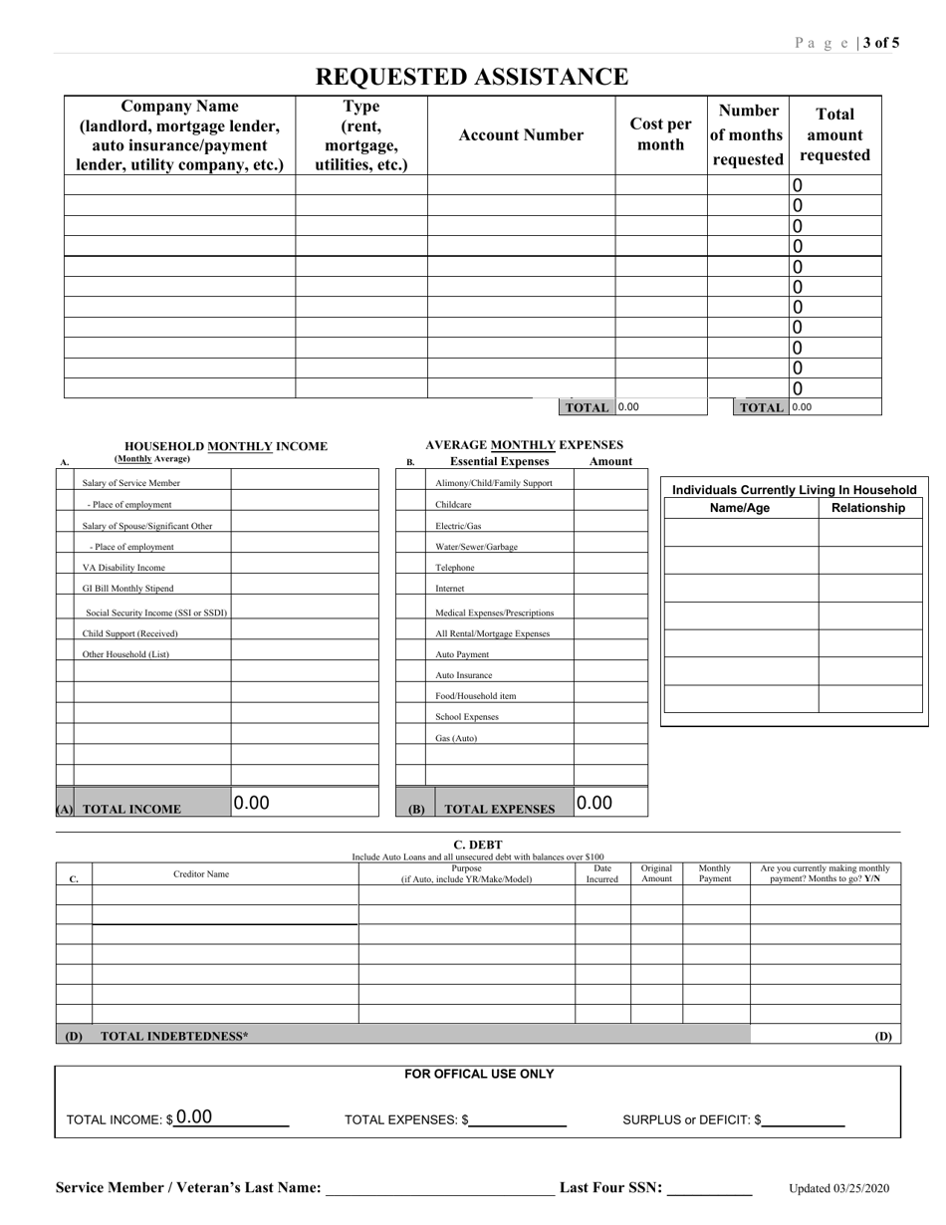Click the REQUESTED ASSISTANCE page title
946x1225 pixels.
tap(472, 77)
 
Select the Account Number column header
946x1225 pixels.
tap(521, 135)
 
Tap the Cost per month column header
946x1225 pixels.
tap(660, 134)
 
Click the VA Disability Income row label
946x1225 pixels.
tap(123, 568)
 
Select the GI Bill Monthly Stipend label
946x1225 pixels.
tap(127, 589)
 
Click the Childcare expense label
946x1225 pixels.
tap(453, 505)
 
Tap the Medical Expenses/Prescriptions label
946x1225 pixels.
tap(494, 612)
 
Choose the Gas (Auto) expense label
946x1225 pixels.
tap(456, 738)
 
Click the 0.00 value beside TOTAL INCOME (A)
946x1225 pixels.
tap(251, 803)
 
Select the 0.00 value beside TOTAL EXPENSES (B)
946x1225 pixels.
tap(594, 803)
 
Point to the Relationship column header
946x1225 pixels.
tap(868, 508)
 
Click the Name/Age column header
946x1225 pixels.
tap(739, 508)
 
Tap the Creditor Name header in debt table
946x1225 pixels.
tap(201, 874)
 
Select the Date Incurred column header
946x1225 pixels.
tap(602, 873)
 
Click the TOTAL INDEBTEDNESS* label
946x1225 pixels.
tap(175, 1036)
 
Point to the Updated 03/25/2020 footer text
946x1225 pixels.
tap(839, 1188)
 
